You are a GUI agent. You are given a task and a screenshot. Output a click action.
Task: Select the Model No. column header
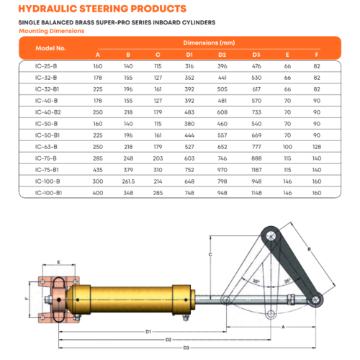51,48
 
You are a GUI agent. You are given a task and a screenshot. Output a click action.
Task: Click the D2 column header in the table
222,55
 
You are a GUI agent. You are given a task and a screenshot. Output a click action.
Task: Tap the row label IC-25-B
47,66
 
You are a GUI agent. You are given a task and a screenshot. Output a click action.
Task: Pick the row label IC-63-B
47,146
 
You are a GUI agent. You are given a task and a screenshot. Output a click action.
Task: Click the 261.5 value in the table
128,181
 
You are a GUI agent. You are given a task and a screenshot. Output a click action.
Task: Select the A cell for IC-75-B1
98,169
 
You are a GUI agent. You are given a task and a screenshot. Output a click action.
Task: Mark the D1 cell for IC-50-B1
191,135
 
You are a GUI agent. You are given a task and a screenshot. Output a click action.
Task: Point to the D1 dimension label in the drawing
148,330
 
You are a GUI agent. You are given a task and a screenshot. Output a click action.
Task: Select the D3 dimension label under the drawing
186,348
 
